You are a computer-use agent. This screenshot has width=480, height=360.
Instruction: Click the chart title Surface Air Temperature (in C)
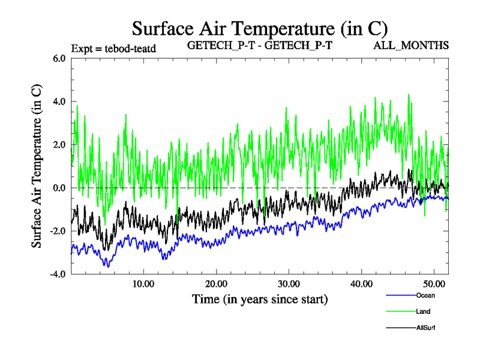pyautogui.click(x=260, y=28)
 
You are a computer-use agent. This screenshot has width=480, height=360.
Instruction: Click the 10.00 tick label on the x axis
pyautogui.click(x=143, y=283)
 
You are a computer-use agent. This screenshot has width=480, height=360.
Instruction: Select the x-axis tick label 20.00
pyautogui.click(x=216, y=283)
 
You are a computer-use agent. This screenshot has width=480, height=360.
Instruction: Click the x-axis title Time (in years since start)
pyautogui.click(x=260, y=298)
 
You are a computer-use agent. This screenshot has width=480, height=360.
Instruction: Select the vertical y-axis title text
pyautogui.click(x=37, y=166)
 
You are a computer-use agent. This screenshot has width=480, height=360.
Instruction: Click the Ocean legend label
pyautogui.click(x=425, y=295)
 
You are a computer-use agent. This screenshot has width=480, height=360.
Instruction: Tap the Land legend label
pyautogui.click(x=422, y=311)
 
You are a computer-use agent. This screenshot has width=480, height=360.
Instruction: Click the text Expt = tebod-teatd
pyautogui.click(x=113, y=49)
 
